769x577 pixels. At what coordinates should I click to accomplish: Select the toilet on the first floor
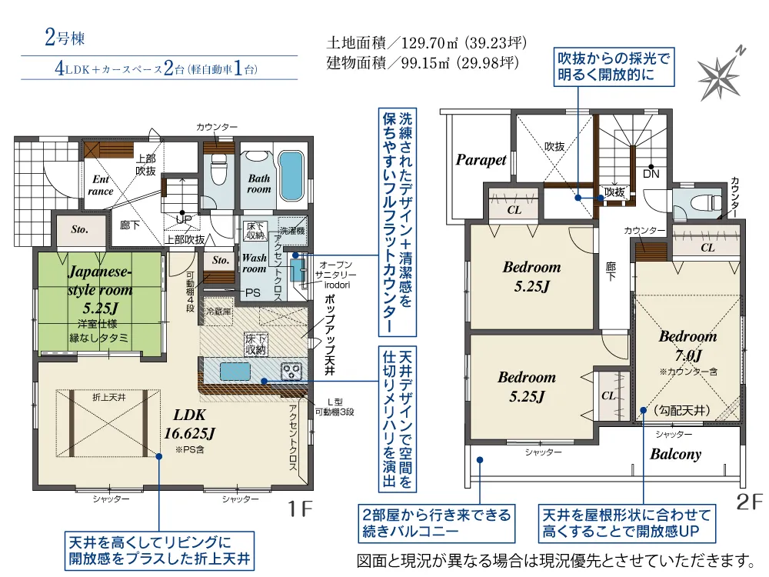218,170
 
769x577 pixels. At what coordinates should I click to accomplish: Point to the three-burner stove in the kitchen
291,371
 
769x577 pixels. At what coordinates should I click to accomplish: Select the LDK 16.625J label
189,424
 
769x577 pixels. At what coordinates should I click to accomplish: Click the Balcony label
675,455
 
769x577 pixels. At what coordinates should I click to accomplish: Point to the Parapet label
481,160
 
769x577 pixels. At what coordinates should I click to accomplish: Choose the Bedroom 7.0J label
687,345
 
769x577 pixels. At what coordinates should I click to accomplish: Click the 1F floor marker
300,509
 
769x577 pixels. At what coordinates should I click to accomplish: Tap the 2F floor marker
749,502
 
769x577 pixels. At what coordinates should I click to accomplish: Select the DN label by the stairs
651,174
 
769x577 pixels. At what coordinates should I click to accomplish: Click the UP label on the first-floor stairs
184,218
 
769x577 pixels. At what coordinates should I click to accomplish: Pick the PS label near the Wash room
252,293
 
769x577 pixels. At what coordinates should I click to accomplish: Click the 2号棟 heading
65,38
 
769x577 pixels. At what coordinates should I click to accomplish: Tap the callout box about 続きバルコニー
437,523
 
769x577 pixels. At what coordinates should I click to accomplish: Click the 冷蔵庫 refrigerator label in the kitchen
218,311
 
